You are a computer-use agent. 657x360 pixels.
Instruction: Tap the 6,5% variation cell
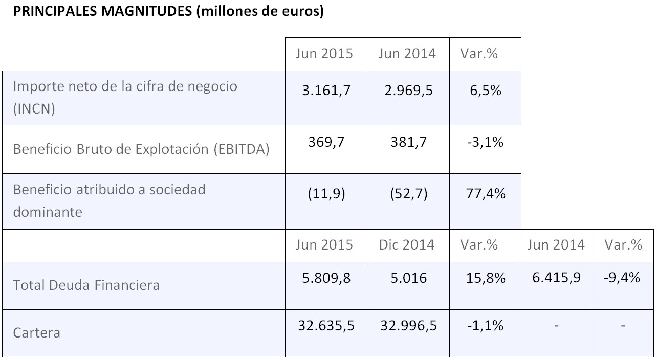485,91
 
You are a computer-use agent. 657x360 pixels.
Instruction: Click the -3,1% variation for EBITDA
485,142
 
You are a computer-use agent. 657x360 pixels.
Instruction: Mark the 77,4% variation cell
485,194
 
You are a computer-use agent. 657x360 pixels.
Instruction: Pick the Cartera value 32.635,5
326,326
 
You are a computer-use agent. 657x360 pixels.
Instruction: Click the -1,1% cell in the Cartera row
485,326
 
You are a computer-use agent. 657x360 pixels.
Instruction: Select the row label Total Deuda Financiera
86,285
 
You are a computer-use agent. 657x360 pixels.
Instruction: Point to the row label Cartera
36,333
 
